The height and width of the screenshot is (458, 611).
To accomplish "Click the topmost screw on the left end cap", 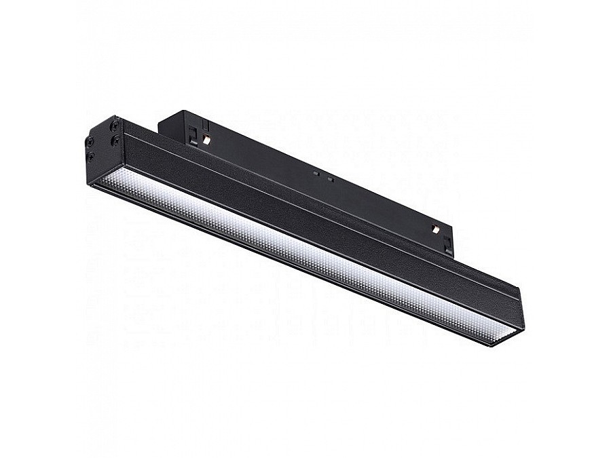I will pyautogui.click(x=115, y=126).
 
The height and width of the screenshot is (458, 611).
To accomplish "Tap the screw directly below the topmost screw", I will pyautogui.click(x=115, y=140).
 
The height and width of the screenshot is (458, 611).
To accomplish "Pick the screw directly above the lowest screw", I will pyautogui.click(x=90, y=140).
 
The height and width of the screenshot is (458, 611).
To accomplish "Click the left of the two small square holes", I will pyautogui.click(x=316, y=174).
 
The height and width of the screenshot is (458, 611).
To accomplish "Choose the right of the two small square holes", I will pyautogui.click(x=330, y=179).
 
